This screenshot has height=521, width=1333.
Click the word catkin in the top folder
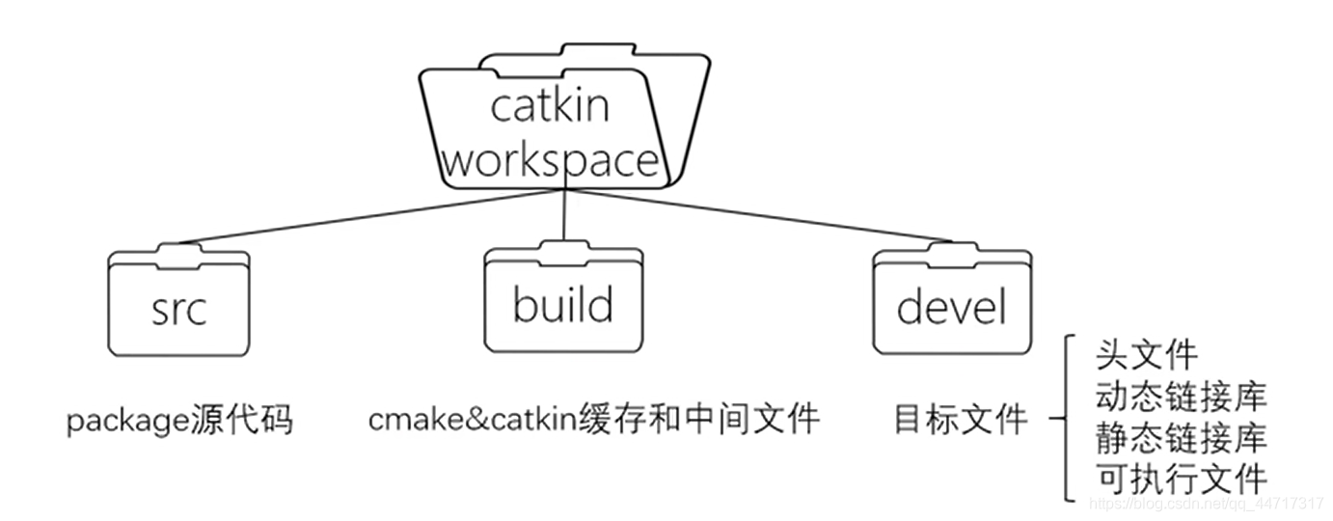click(x=550, y=105)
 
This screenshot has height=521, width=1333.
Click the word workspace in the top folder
click(x=551, y=159)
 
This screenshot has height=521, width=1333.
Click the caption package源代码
click(x=179, y=422)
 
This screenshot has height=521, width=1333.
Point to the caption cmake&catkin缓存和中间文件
click(x=593, y=420)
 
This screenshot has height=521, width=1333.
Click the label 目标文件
click(x=961, y=420)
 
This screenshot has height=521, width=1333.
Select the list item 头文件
click(x=1146, y=355)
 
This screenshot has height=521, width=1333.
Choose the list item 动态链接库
click(x=1181, y=396)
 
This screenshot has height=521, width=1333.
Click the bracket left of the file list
click(x=1067, y=419)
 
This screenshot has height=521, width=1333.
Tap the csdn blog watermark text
click(x=1206, y=504)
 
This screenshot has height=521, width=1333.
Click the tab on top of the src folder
click(x=178, y=253)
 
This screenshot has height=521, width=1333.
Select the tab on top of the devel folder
click(x=952, y=253)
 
